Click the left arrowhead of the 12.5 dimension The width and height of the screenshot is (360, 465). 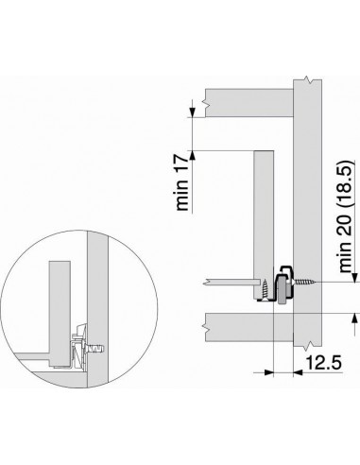[x=268, y=370]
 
